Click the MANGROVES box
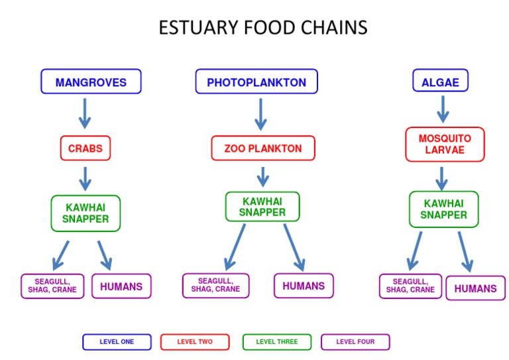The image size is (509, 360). pos(91,82)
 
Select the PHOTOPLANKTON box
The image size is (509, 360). pos(256,82)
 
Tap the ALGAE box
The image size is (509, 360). pos(440,82)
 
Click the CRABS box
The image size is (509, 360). pos(85,149)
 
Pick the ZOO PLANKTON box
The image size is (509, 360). pos(262,149)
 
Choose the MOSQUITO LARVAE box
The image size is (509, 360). pos(445,145)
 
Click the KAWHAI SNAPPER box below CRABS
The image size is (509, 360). pos(85,213)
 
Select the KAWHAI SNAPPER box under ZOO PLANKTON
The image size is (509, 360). pos(262,207)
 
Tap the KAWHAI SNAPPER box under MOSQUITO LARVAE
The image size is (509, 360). pos(443,210)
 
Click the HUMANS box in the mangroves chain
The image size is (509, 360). pos(121,287)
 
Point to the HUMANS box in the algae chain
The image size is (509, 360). pos(475,288)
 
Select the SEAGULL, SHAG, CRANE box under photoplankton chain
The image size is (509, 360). pos(215,286)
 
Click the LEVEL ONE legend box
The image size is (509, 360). pos(117,342)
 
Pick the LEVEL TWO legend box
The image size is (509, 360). pos(195,342)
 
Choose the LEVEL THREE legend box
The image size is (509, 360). pos(276,342)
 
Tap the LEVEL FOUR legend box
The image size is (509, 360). pos(355,342)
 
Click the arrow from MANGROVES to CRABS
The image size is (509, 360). pos(84,113)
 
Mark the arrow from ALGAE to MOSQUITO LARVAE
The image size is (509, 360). pos(443,109)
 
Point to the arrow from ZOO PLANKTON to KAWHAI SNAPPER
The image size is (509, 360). pos(263,176)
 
